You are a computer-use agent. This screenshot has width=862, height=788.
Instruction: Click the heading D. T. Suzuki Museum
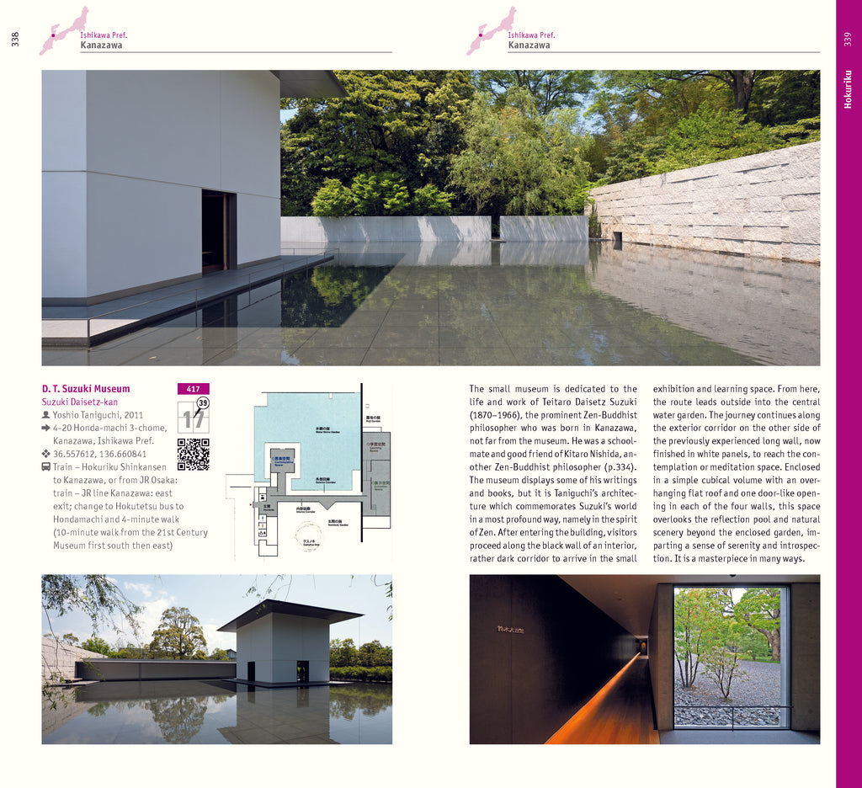coord(86,389)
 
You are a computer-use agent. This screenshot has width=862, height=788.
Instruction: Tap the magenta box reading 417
coord(193,389)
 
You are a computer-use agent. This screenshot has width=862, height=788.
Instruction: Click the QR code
coord(193,454)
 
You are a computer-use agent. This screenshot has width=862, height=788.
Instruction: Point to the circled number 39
coord(202,403)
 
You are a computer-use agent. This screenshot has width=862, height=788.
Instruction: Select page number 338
coord(15,39)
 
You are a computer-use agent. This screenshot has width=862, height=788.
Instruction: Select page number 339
coord(848,39)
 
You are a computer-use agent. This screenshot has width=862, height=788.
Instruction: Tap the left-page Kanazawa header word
coord(101,45)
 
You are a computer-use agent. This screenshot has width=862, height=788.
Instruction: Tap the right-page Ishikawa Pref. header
coord(531,35)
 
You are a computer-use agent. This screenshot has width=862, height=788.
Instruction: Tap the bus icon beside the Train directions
coord(46,467)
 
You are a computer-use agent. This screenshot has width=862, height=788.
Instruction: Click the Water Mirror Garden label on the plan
coord(327,430)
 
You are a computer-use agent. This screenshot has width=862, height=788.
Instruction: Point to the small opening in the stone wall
coord(618,238)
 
